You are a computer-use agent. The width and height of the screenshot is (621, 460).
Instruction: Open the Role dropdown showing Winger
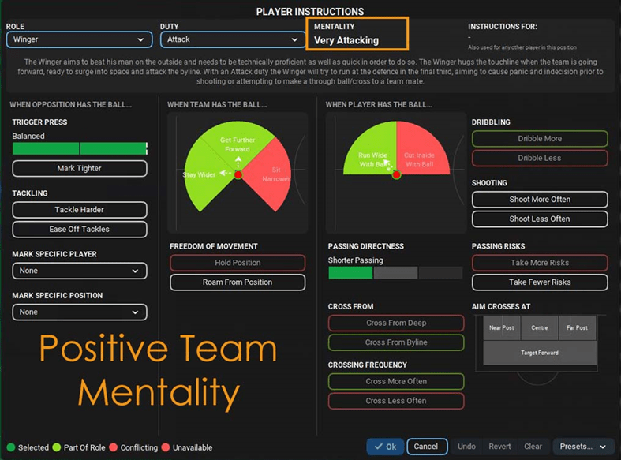tap(79, 39)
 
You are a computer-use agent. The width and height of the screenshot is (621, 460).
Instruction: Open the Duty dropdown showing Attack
tap(230, 39)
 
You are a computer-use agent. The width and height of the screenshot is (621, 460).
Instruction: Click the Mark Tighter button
tap(80, 169)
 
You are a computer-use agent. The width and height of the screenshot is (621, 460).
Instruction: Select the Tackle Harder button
tap(80, 210)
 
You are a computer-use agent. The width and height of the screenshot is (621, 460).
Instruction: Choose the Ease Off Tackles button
tap(80, 230)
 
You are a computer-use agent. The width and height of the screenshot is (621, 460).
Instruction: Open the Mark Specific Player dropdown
tap(80, 271)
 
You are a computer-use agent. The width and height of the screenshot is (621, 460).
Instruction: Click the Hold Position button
tap(238, 263)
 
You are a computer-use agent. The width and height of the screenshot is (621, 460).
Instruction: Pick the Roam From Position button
tap(238, 282)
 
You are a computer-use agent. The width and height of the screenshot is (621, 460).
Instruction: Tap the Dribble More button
tap(540, 139)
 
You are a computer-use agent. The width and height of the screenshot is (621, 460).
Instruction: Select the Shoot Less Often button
tap(540, 219)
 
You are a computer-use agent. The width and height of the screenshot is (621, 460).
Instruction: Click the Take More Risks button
tap(540, 263)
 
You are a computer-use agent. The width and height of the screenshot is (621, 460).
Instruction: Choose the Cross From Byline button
tap(396, 343)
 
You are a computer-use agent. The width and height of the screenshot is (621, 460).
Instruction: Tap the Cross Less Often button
tap(396, 401)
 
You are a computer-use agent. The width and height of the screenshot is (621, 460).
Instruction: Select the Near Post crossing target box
tap(501, 328)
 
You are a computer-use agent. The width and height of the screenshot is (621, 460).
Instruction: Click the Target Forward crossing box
tap(540, 352)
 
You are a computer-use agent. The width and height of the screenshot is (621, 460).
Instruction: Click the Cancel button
tap(427, 447)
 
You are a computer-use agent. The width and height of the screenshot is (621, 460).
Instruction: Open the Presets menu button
tap(583, 447)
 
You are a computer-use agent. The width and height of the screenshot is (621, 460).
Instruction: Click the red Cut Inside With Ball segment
tap(420, 159)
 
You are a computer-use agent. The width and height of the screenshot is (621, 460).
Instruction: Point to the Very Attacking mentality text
tap(346, 40)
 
